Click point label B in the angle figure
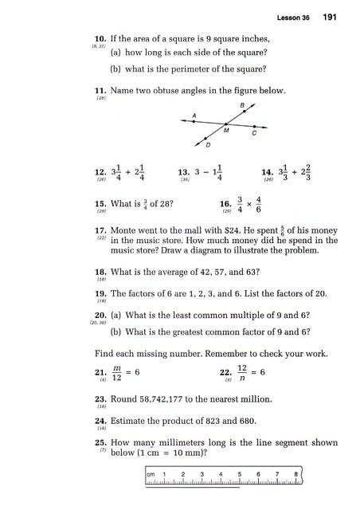pos(243,106)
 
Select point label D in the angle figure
pos(208,145)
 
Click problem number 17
pos(100,231)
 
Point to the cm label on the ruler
pos(152,475)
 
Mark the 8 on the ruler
pos(295,475)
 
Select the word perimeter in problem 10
pos(189,70)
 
